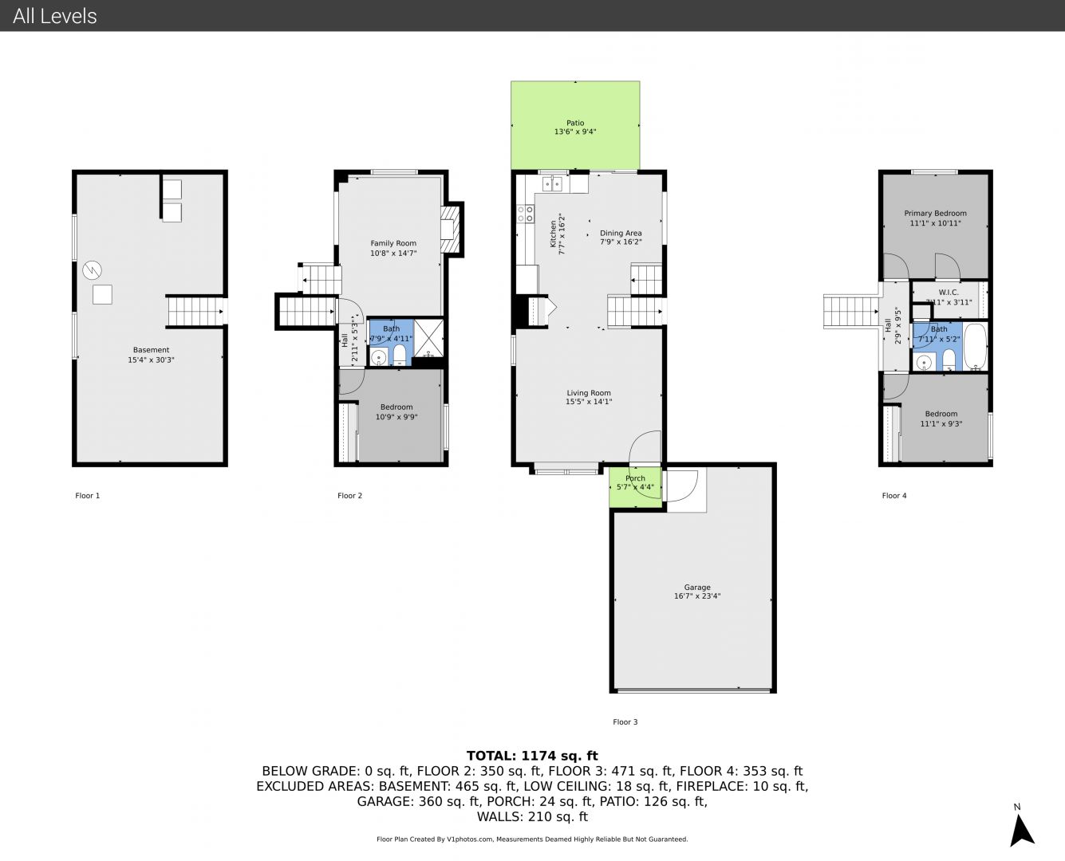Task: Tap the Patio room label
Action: tap(575, 123)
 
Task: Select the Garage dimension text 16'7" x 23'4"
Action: tap(697, 596)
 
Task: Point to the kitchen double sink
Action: tap(553, 184)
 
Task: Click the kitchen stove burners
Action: tap(525, 214)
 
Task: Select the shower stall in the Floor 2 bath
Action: tap(428, 337)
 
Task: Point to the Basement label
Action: tap(151, 350)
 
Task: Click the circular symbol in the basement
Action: tap(92, 270)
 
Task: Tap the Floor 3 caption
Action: tap(625, 722)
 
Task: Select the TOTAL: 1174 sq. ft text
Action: tap(532, 756)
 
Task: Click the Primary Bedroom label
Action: tap(935, 214)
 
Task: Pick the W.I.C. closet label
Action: tap(949, 293)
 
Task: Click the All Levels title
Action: tap(54, 16)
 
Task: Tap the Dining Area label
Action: tap(621, 233)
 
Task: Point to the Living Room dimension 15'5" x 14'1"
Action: tap(589, 402)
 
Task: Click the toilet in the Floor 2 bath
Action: tap(400, 356)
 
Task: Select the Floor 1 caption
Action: tap(88, 496)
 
